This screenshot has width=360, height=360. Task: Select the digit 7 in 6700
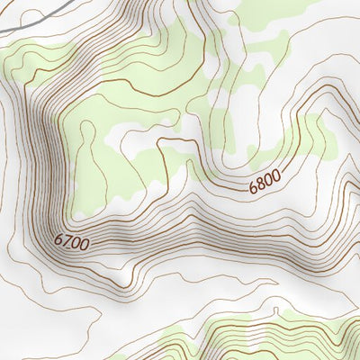[66, 241]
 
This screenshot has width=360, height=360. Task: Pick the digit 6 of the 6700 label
[58, 238]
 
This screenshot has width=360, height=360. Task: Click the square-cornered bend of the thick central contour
[160, 142]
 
